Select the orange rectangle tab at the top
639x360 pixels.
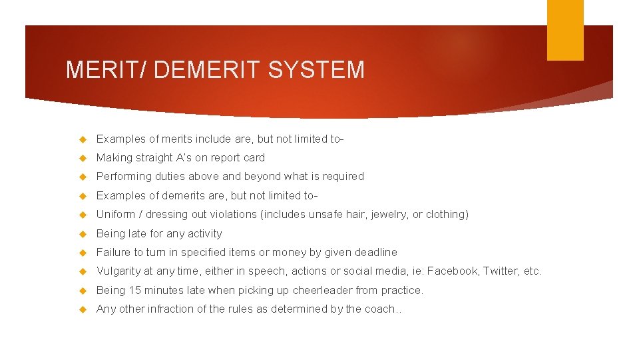(x=565, y=30)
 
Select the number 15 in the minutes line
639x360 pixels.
(x=134, y=291)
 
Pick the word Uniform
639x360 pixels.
(x=116, y=215)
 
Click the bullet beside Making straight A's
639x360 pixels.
(x=83, y=159)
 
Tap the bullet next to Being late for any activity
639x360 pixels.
(x=83, y=234)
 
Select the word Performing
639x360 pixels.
(x=124, y=177)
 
